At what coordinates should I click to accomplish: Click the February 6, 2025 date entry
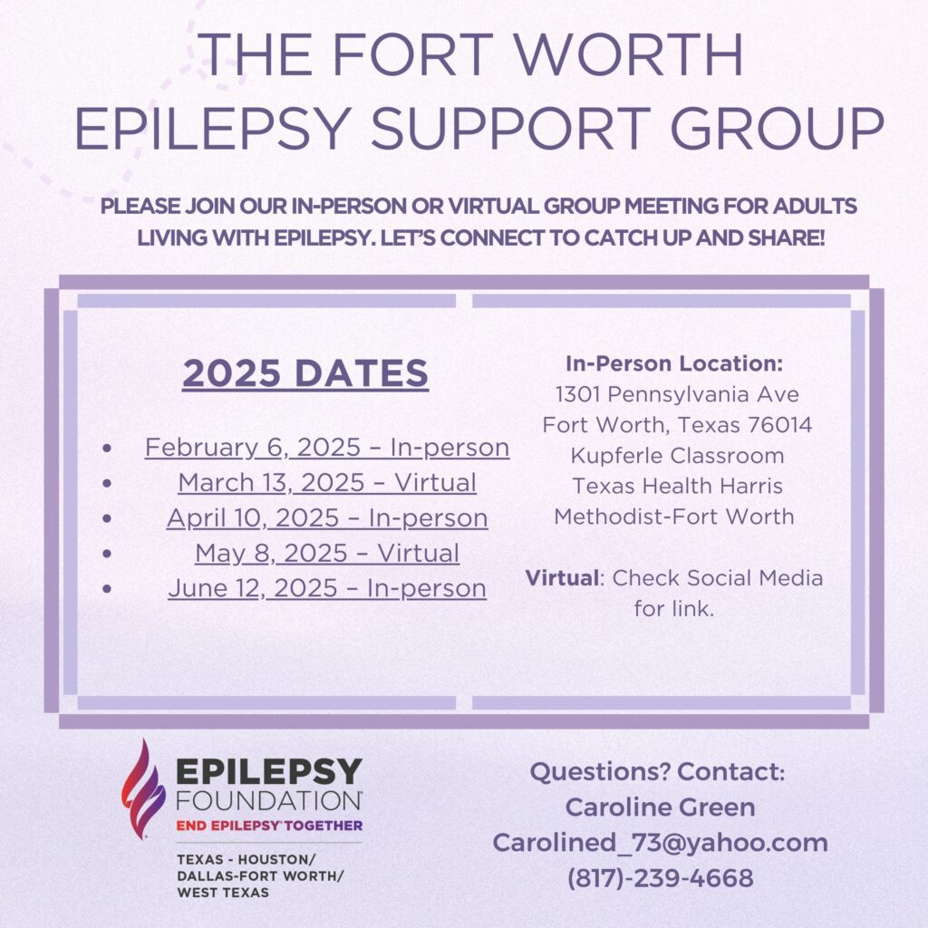coord(327,448)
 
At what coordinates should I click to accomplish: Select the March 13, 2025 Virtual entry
coord(327,482)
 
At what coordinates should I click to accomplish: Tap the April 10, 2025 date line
coord(327,518)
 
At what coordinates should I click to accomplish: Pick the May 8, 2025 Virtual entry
coord(327,554)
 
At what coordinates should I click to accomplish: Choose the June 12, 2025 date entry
coord(327,588)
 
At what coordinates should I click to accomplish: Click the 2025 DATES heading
coord(305,373)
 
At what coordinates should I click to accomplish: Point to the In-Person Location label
coord(674,363)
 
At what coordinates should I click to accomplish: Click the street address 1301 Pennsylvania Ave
coord(677,394)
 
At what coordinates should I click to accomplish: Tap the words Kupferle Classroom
coord(677,456)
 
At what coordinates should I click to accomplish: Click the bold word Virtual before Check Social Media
coord(562,577)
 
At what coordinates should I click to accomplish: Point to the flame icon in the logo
coord(142,789)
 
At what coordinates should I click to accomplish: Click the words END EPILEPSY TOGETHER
coord(269,826)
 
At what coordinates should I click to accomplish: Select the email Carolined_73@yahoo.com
coord(660,843)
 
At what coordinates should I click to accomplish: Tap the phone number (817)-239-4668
coord(660,877)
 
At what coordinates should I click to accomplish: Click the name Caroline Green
coord(660,807)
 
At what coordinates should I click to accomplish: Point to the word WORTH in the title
coord(629,54)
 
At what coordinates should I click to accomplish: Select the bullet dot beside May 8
coord(107,554)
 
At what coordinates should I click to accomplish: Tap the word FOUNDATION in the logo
coord(269,800)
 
